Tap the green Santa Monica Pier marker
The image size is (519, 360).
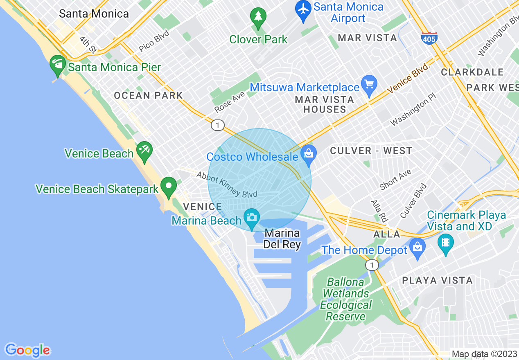(58, 64)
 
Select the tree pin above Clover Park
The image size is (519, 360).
(258, 17)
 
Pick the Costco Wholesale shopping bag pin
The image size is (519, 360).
(309, 154)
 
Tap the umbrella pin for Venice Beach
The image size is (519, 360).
(144, 150)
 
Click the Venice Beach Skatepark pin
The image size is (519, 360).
(168, 187)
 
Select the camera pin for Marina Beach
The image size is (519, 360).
(252, 217)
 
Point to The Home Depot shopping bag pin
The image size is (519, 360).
(417, 247)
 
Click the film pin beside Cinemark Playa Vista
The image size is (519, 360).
(445, 243)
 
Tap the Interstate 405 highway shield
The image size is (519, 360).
(429, 38)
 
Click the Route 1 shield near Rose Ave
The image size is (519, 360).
(218, 125)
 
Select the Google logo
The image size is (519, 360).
(28, 350)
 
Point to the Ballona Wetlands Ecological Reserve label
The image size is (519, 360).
(346, 299)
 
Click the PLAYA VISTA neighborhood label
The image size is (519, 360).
(437, 280)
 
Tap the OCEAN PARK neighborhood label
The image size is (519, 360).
(148, 95)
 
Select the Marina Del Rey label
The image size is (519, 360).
(282, 239)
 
